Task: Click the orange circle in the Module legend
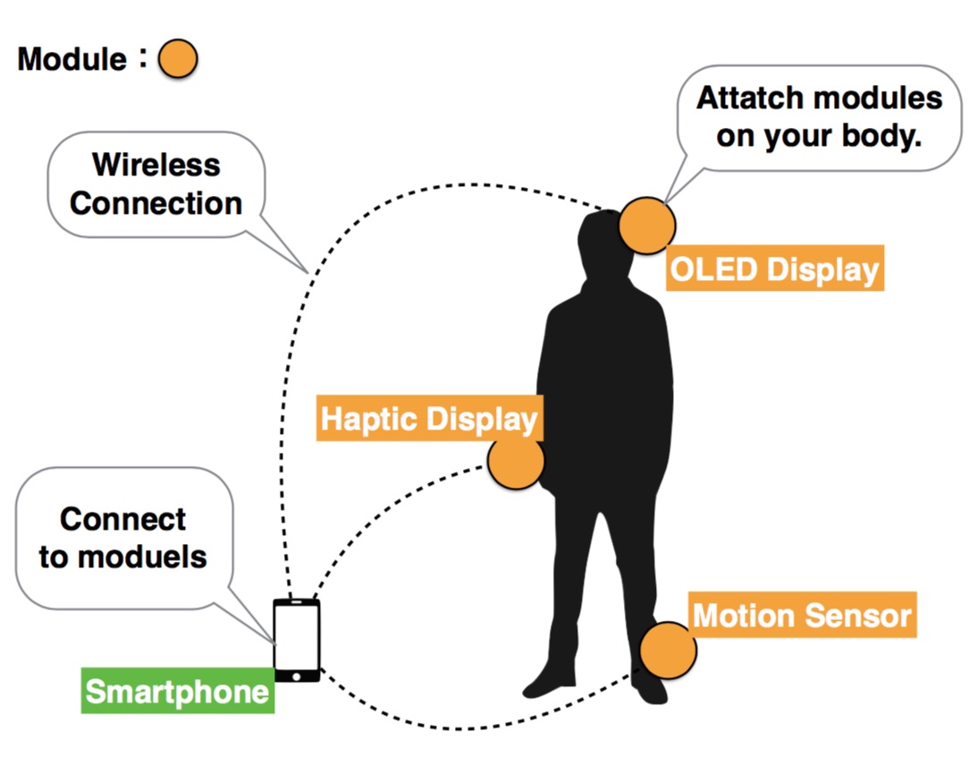(178, 59)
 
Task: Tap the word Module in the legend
(72, 59)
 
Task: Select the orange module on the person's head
(647, 225)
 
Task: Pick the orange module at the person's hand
(516, 461)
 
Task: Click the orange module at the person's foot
(668, 651)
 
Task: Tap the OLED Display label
(775, 268)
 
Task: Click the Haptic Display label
(429, 418)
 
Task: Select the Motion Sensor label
(802, 615)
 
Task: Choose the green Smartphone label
(178, 690)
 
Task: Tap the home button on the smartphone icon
(297, 676)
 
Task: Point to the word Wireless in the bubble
(156, 166)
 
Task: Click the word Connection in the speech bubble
(156, 203)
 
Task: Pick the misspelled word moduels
(142, 557)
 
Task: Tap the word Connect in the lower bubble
(122, 519)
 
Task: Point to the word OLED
(713, 269)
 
